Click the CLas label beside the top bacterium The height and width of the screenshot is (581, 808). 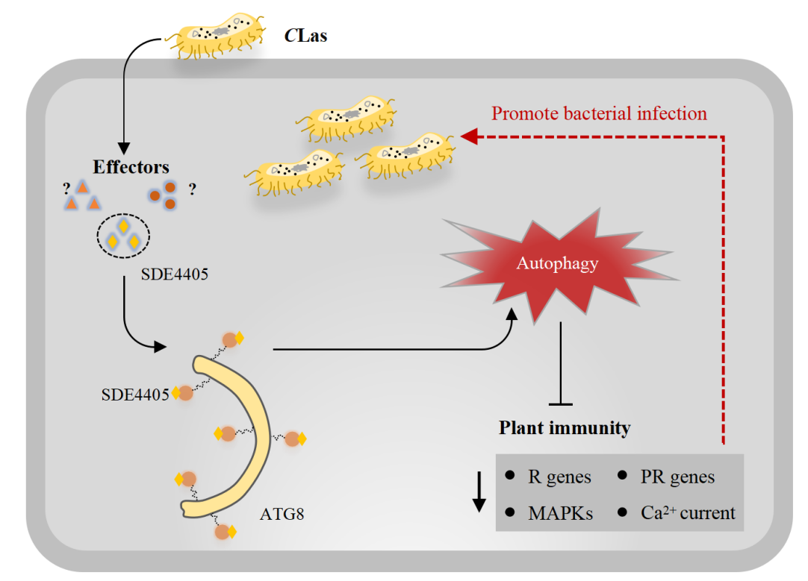coord(306,35)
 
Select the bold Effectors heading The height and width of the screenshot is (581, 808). coord(131,166)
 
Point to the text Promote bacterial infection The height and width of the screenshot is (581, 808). coord(599,114)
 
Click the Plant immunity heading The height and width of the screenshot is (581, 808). coord(565,427)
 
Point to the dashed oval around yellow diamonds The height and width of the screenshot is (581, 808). coord(124,238)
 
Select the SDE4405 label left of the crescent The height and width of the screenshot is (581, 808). coord(134,394)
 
